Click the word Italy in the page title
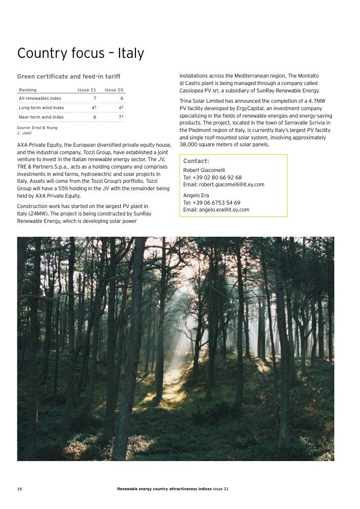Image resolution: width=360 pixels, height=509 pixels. pos(130,53)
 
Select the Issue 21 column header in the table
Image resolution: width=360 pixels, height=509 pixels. pos(87,90)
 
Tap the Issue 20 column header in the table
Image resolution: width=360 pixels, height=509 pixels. pos(114,90)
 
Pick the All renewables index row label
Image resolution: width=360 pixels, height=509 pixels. pos(40,98)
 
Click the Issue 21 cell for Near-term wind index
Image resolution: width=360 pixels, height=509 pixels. pos(94,117)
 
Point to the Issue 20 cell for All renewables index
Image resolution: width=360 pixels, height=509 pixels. pos(122,98)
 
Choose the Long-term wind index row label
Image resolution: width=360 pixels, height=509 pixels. pos(42,108)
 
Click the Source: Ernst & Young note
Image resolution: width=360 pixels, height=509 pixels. pos(37,127)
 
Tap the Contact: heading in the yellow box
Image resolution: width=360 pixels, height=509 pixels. pos(196,161)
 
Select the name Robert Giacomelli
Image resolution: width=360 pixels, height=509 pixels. pos(204,170)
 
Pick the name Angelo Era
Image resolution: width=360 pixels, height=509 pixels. pos(196,195)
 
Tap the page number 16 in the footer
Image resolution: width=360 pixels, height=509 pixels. pos(20,489)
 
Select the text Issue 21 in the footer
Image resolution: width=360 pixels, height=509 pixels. pos(220,489)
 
